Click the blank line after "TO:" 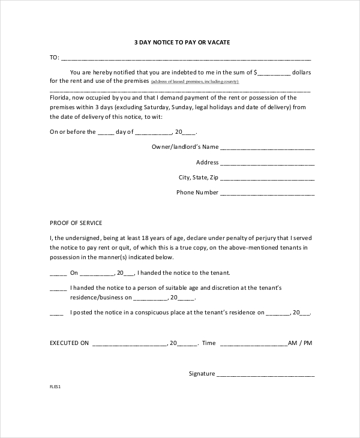coord(186,59)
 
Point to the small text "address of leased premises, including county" coord(195,82)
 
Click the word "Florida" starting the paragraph coord(59,98)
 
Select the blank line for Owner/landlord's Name coord(267,148)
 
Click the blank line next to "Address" coord(267,163)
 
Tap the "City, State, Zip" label coord(198,178)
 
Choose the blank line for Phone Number coord(267,194)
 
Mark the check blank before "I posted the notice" coord(56,313)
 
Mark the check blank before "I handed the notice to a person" coord(58,289)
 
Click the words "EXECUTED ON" coord(70,343)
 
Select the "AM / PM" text coord(300,343)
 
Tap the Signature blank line coord(265,375)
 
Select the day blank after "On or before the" coord(105,133)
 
